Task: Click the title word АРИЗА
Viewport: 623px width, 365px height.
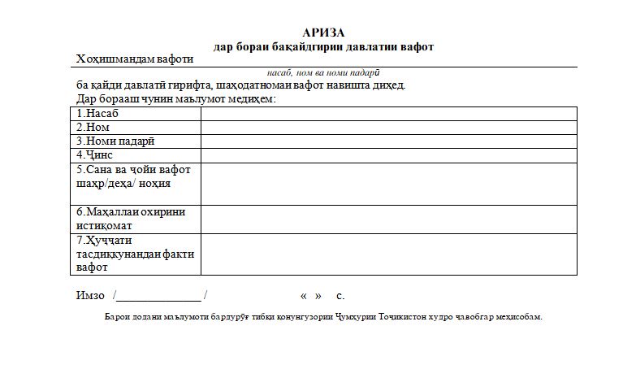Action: (323, 33)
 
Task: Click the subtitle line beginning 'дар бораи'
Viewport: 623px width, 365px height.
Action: (323, 46)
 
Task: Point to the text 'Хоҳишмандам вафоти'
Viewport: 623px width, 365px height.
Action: (134, 59)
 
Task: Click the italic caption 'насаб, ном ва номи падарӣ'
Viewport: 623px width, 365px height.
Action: (323, 72)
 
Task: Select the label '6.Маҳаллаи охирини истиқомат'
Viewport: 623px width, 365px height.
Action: (131, 219)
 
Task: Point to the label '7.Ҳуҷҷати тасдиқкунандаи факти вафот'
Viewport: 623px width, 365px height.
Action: (135, 254)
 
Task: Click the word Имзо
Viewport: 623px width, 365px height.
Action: (89, 295)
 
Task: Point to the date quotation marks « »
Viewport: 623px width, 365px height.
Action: (311, 296)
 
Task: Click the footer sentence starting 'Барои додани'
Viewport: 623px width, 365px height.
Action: (323, 316)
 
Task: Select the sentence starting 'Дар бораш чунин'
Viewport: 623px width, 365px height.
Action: (176, 98)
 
